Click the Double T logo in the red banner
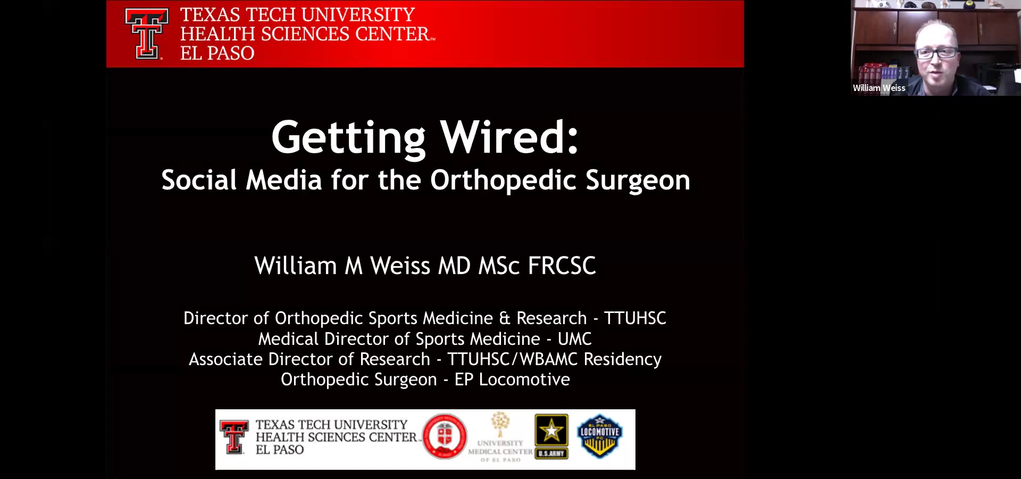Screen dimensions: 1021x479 pos(147,34)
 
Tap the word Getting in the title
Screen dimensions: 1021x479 pos(348,139)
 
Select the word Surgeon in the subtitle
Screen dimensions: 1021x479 pos(638,181)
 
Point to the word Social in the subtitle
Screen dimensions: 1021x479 pos(199,180)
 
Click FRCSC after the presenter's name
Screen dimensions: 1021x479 pos(562,266)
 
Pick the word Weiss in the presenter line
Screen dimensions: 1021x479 pos(400,266)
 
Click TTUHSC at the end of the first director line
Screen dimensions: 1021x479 pos(635,318)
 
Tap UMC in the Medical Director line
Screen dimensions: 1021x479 pos(574,339)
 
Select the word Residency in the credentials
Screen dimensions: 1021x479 pos(623,360)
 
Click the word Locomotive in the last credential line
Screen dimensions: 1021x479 pos(524,379)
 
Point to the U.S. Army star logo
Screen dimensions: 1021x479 pos(551,436)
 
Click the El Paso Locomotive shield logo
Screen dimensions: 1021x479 pos(600,436)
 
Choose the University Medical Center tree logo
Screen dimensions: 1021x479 pos(500,437)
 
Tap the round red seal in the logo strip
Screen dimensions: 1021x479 pos(445,436)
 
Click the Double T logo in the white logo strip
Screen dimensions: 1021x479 pos(234,437)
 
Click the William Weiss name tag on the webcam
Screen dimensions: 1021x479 pos(879,88)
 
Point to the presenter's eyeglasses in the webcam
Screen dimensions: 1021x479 pos(936,53)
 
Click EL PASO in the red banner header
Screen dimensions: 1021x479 pos(217,53)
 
